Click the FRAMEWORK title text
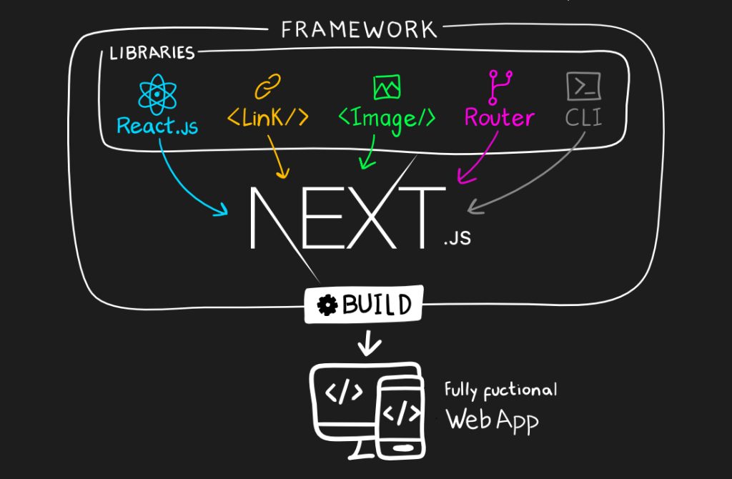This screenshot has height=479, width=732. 358,29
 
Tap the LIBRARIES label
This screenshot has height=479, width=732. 152,53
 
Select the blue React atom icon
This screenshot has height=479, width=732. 158,95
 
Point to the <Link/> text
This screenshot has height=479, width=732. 268,117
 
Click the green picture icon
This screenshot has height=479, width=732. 387,87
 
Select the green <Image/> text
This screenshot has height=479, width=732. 386,117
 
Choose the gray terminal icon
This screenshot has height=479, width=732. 583,87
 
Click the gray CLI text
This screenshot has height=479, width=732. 583,117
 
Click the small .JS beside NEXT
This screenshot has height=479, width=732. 457,239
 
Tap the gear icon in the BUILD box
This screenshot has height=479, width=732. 328,305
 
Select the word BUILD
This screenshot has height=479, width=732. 377,305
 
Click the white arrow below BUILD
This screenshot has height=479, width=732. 369,342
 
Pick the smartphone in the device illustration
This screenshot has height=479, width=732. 402,417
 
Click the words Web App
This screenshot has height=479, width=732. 492,419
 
